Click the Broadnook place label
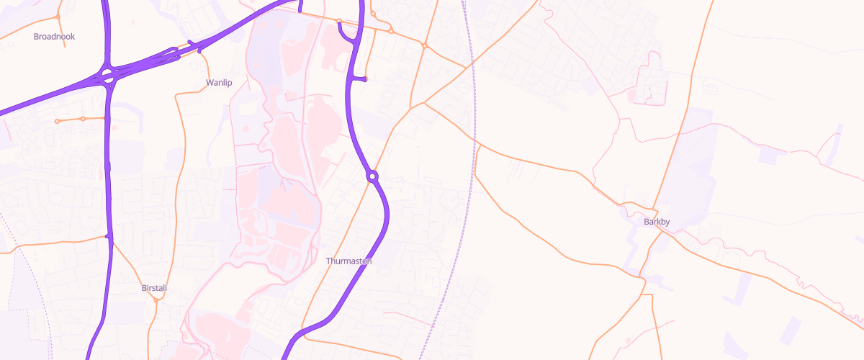pyautogui.click(x=54, y=36)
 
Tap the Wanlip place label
pyautogui.click(x=219, y=83)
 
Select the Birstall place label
pyautogui.click(x=154, y=288)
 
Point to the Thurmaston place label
pyautogui.click(x=348, y=261)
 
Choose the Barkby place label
pyautogui.click(x=657, y=222)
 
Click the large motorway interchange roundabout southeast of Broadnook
pyautogui.click(x=108, y=76)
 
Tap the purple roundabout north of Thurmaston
pyautogui.click(x=372, y=176)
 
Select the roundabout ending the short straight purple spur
pyautogui.click(x=365, y=78)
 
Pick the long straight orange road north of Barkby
pyautogui.click(x=684, y=108)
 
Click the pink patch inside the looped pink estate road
pyautogui.click(x=634, y=94)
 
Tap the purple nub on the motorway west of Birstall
pyautogui.click(x=107, y=236)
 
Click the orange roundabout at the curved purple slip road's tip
pyautogui.click(x=338, y=21)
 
